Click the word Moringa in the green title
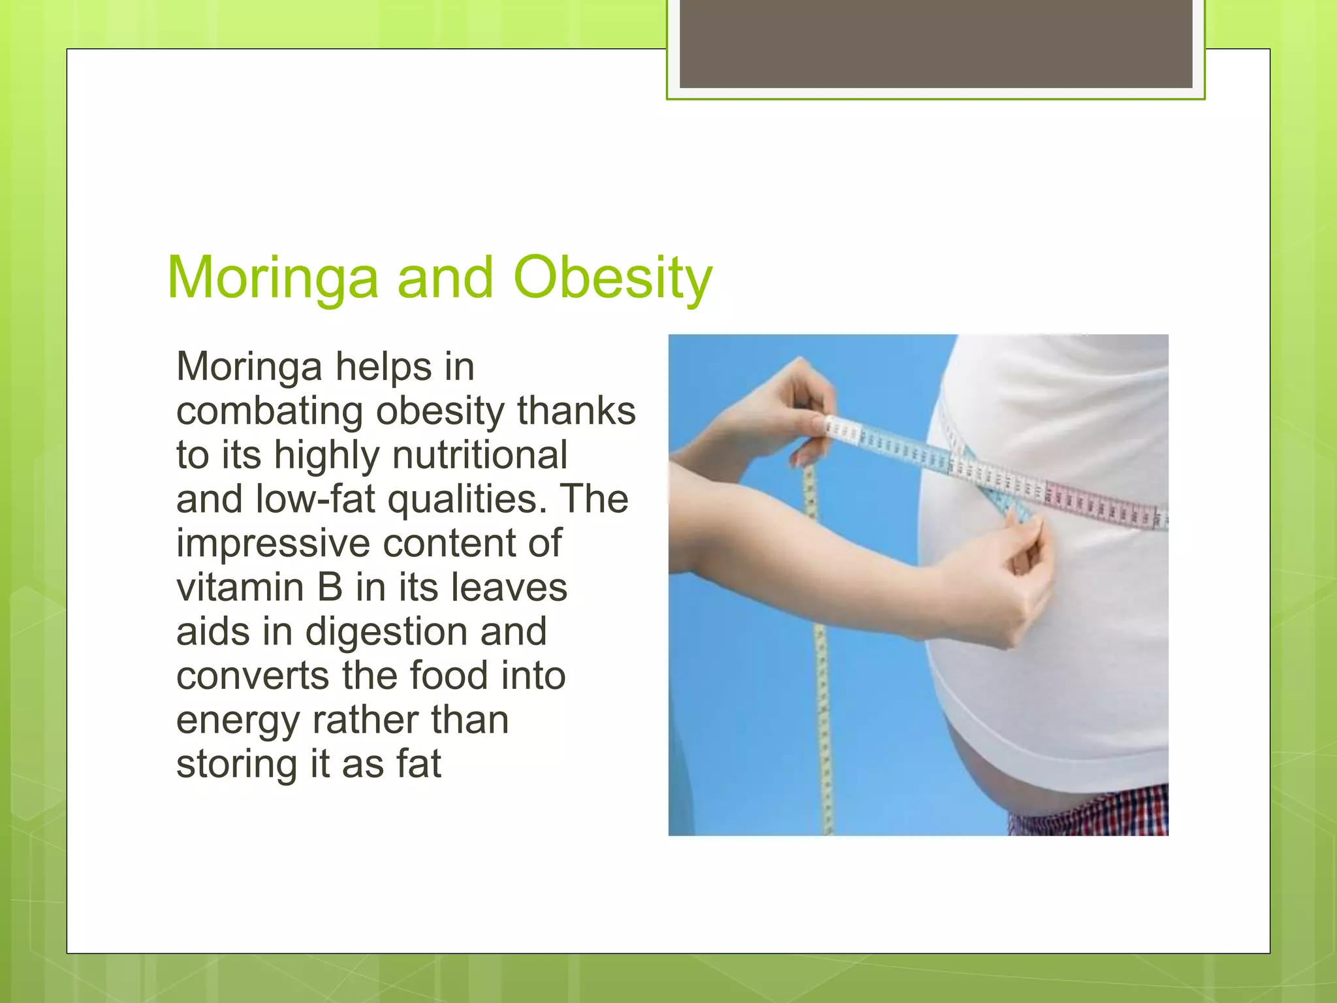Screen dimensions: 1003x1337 pos(272,278)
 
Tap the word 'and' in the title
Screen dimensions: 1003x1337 pos(445,278)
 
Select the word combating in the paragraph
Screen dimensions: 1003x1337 pos(270,411)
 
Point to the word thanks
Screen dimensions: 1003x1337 pos(576,411)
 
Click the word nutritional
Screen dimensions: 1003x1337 pos(480,455)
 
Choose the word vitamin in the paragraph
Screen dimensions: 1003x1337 pos(240,588)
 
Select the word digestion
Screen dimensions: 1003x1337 pos(386,632)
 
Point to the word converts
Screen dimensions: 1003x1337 pos(252,676)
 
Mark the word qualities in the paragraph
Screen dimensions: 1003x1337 pos(467,500)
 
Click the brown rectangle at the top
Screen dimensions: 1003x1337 pos(936,44)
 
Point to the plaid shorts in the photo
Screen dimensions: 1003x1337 pos(1097,813)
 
